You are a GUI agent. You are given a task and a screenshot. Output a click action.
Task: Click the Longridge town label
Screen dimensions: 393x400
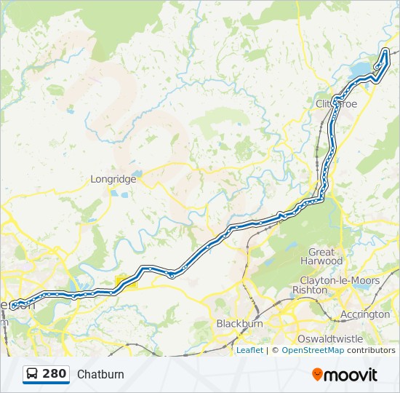pos(113,178)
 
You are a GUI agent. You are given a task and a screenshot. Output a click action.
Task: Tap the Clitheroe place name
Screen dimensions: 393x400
pos(337,104)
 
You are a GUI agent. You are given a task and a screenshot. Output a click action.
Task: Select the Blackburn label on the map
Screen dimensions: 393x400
pos(239,323)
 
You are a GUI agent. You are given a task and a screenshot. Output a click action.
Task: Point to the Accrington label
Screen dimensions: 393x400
pos(365,314)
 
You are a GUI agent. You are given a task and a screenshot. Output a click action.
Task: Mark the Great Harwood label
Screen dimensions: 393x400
pos(321,256)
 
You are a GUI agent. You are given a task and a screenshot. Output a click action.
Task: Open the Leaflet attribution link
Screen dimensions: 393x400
pos(249,350)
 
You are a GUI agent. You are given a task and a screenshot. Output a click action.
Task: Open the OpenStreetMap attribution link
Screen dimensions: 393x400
pos(313,350)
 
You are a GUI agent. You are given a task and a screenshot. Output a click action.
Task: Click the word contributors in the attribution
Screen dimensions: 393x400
pos(371,350)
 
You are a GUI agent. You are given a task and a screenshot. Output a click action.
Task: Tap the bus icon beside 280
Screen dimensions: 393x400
pos(33,374)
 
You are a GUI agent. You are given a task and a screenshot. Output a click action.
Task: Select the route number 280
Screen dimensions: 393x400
pos(55,374)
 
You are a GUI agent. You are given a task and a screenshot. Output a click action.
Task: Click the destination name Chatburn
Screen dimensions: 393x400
pos(100,375)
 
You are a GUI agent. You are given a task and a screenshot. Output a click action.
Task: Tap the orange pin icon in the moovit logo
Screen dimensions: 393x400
pos(317,374)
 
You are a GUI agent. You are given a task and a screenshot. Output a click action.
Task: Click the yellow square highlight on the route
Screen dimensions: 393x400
pos(126,282)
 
